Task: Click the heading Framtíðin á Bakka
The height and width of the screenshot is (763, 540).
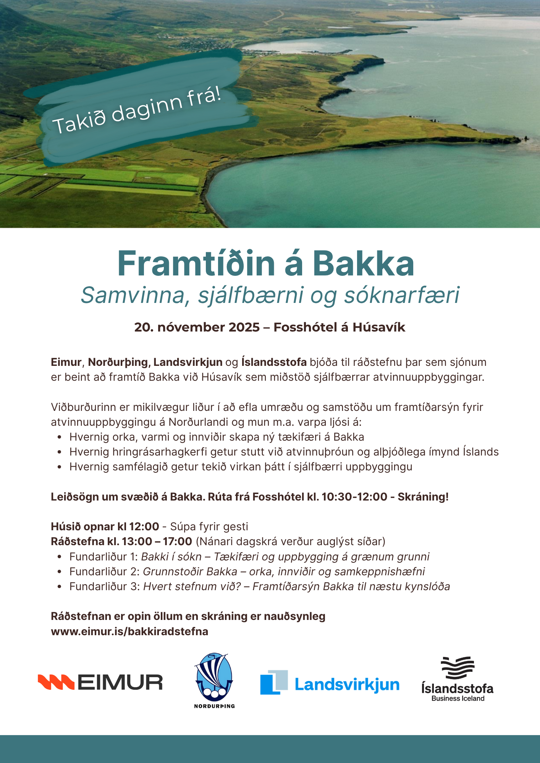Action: click(266, 264)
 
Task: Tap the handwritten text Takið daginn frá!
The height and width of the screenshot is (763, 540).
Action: click(137, 110)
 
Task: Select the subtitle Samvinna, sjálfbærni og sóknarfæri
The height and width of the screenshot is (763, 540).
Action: click(270, 295)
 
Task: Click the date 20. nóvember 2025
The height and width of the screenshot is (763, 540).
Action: click(197, 327)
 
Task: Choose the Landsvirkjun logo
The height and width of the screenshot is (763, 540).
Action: click(330, 683)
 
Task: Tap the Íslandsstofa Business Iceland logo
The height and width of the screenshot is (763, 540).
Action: click(457, 679)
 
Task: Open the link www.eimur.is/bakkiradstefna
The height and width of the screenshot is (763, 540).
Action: click(129, 631)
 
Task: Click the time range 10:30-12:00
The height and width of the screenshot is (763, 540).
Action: click(354, 497)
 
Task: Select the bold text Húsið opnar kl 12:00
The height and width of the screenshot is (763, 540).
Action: click(105, 526)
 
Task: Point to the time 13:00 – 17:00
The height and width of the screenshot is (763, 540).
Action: click(157, 541)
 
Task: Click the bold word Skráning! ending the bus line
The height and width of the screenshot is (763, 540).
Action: click(423, 497)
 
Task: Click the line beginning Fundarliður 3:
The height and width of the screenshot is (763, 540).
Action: click(260, 586)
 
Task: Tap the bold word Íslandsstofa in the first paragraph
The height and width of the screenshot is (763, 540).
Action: click(274, 362)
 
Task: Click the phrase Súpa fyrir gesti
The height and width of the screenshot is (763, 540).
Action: click(209, 526)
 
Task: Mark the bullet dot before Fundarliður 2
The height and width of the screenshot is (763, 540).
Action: click(59, 571)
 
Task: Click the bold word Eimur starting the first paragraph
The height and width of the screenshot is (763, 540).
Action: click(66, 362)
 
